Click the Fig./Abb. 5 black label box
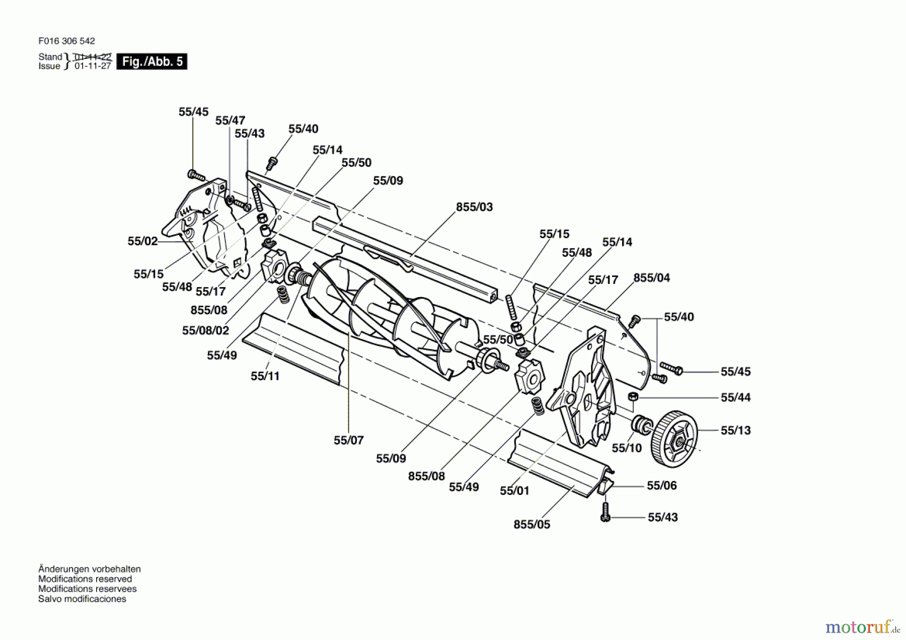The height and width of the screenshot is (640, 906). [152, 61]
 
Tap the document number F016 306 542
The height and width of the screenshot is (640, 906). [66, 41]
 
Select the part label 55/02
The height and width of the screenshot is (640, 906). [142, 241]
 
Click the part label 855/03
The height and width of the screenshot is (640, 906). [474, 207]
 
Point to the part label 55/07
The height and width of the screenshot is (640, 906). [348, 440]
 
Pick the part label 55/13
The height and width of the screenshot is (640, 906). [735, 431]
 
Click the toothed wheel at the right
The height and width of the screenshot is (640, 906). [675, 439]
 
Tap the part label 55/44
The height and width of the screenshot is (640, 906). [735, 398]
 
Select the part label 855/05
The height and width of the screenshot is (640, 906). [532, 524]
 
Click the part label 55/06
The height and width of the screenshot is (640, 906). [661, 485]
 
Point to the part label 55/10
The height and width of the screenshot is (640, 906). [627, 448]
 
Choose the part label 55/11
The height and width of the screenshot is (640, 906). [265, 376]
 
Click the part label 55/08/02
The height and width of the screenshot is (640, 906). [205, 330]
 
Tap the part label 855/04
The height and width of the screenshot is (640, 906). [651, 278]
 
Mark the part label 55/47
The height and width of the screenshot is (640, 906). [230, 120]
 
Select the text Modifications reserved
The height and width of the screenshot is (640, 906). [85, 579]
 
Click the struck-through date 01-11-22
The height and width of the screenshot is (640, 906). [93, 57]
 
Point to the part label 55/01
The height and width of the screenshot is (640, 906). [514, 491]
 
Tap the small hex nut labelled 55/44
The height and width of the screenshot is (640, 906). [634, 397]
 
